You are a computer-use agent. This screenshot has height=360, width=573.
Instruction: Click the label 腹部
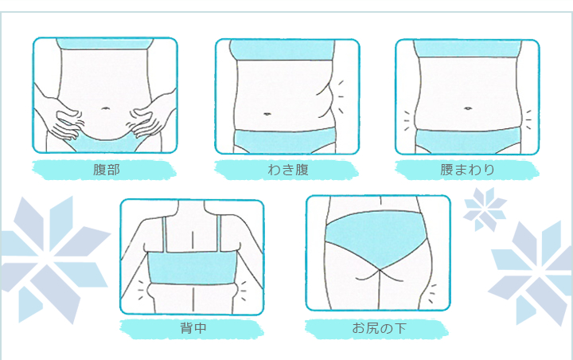tap(107, 170)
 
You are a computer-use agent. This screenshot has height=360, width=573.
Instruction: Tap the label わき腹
tap(288, 170)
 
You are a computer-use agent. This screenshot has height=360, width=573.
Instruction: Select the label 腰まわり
tap(467, 170)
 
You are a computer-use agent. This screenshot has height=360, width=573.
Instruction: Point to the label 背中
tap(193, 328)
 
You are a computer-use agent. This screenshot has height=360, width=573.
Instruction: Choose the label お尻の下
tap(379, 328)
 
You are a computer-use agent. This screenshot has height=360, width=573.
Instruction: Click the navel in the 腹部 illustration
tap(105, 108)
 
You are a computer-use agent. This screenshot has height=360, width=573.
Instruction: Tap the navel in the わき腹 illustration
tap(267, 114)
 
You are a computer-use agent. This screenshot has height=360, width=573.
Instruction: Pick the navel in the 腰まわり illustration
tap(468, 108)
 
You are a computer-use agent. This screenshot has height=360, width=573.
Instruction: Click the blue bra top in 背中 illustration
tap(192, 268)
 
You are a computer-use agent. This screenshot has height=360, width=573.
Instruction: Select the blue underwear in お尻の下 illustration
tap(376, 238)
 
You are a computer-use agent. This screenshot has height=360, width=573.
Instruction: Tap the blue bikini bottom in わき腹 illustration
tap(284, 141)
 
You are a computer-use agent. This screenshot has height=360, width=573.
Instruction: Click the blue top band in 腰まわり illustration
tap(468, 49)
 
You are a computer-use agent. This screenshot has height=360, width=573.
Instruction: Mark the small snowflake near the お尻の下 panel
tap(485, 209)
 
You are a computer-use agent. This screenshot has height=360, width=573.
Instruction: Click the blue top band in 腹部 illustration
tap(105, 44)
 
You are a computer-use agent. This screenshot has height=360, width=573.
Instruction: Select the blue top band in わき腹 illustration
tap(282, 49)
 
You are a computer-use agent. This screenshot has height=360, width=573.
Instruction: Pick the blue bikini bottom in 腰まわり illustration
tap(468, 141)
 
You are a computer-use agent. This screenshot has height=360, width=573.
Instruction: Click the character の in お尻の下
tap(386, 328)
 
